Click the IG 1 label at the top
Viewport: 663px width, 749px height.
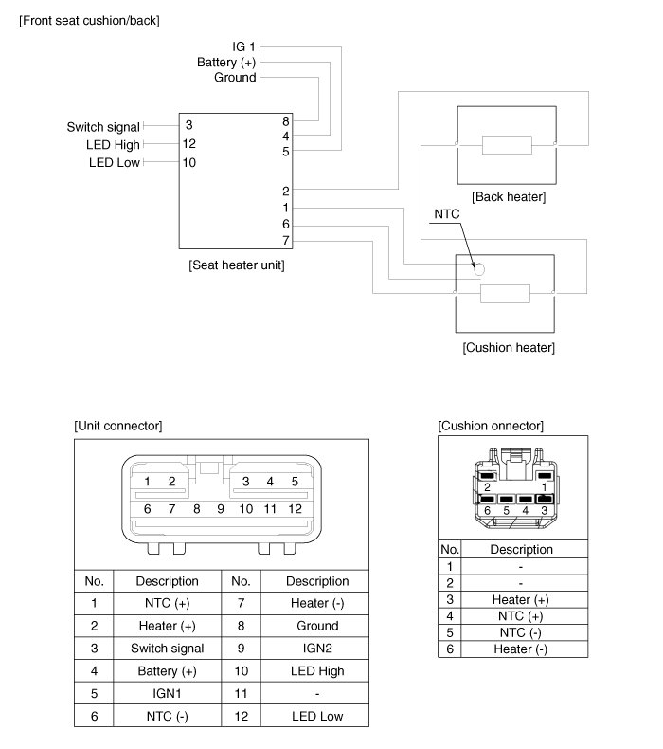243,46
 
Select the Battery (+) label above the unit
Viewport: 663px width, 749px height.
226,62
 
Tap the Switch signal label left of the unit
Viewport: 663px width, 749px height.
103,126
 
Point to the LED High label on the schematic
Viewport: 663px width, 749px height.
113,144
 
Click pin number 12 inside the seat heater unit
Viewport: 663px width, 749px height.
189,144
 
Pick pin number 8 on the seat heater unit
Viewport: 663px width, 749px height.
285,121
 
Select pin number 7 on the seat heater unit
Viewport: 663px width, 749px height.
285,240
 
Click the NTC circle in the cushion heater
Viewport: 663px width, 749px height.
479,268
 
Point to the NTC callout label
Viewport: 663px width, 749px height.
446,214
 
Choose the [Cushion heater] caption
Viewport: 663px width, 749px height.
509,347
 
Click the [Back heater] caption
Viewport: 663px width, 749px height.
508,196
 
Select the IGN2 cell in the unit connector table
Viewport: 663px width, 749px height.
317,649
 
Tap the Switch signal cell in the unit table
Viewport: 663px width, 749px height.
167,649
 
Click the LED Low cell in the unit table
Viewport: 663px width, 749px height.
317,716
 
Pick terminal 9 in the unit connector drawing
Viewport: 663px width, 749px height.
220,508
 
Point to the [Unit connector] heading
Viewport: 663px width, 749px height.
117,426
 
